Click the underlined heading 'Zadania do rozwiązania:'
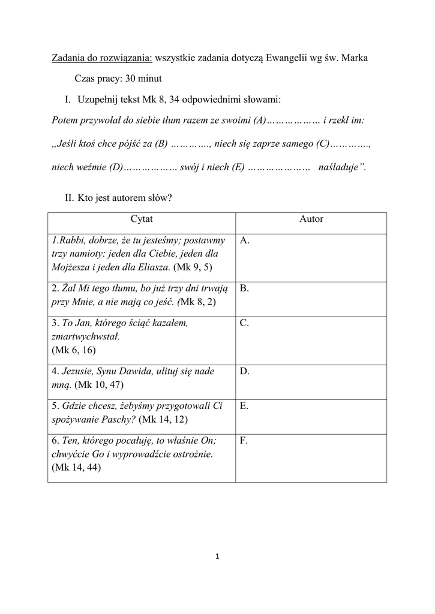[x=102, y=58]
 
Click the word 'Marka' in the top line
[x=355, y=58]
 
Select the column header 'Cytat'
[x=142, y=219]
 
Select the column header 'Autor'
[x=311, y=219]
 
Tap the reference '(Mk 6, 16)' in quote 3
[x=74, y=350]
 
